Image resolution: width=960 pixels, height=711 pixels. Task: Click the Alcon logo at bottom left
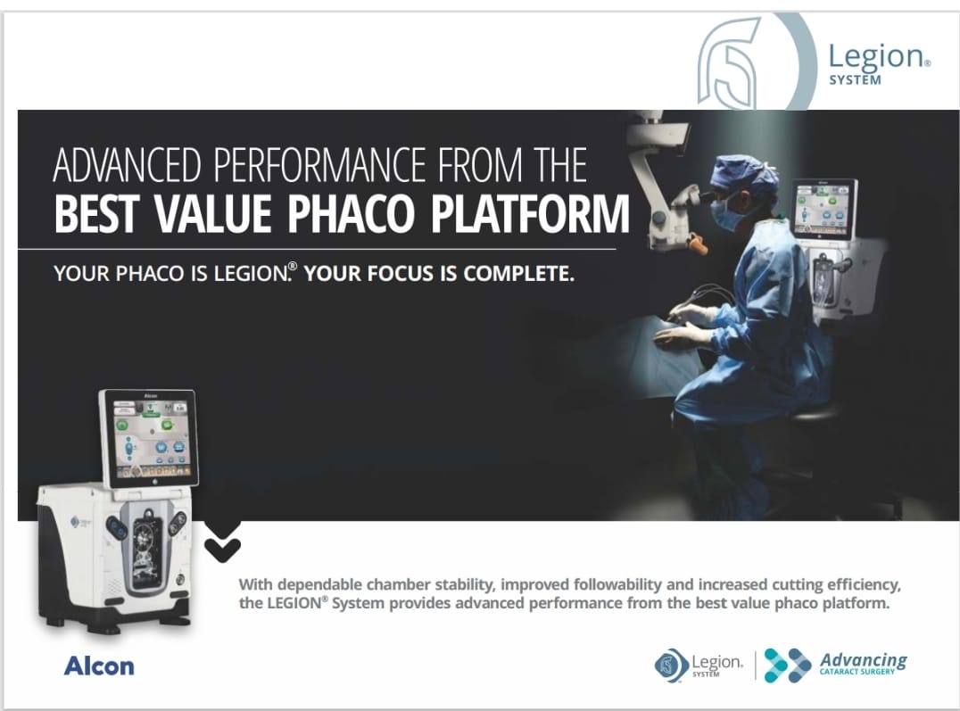point(98,666)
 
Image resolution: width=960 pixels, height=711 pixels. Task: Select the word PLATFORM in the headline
point(530,213)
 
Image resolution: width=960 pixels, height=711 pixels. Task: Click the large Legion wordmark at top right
point(877,57)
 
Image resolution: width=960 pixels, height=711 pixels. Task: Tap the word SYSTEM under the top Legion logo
point(856,80)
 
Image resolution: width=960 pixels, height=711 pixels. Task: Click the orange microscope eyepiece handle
point(698,243)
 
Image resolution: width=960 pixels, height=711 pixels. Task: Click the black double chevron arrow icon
point(222,542)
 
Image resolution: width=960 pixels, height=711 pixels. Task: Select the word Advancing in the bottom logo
point(864,660)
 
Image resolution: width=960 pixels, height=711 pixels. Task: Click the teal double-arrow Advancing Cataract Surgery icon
point(788,666)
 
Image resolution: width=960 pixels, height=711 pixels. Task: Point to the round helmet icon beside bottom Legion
point(670,666)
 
